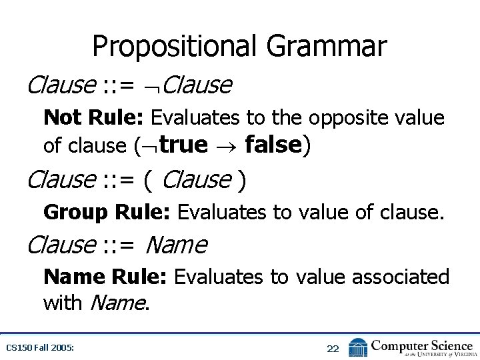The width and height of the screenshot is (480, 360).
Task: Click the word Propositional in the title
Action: tap(175, 47)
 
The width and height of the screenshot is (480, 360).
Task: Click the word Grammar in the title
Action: tap(326, 47)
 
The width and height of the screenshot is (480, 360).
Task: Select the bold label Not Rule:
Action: tap(93, 118)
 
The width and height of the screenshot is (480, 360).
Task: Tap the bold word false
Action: tap(274, 144)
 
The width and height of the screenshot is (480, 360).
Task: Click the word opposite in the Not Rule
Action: tap(351, 118)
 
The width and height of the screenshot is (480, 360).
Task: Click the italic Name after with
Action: tap(116, 303)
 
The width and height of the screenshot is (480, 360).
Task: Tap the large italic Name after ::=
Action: tap(175, 245)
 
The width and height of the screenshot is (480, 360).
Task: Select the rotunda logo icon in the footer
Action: tap(358, 347)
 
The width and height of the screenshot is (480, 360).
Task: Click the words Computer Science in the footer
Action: tap(421, 345)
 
